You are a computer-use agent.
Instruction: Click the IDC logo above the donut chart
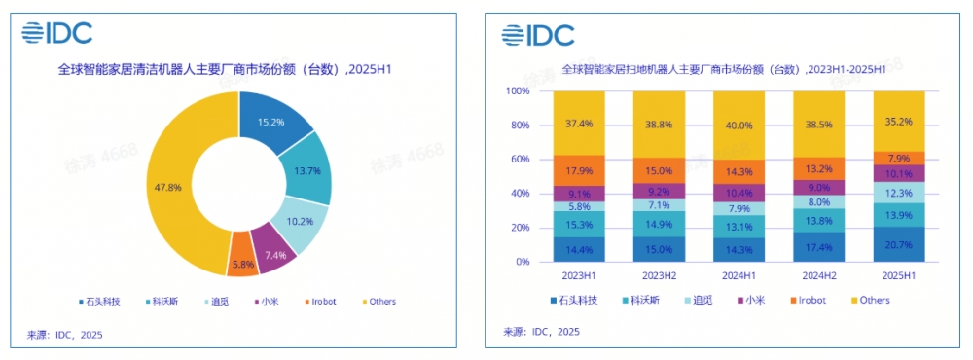click(58, 34)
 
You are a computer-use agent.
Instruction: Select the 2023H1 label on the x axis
click(578, 275)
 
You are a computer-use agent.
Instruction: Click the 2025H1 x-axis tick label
click(897, 275)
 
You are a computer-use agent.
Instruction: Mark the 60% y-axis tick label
click(520, 160)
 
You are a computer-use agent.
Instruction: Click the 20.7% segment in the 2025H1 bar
click(897, 244)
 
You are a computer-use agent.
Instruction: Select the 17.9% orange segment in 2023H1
click(578, 170)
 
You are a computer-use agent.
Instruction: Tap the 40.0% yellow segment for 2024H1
click(738, 125)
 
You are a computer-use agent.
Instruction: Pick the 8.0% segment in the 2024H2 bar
click(817, 202)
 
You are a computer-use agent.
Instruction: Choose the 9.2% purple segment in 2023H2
click(658, 192)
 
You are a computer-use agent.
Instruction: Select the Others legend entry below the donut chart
click(378, 302)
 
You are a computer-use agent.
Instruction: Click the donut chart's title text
click(225, 70)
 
